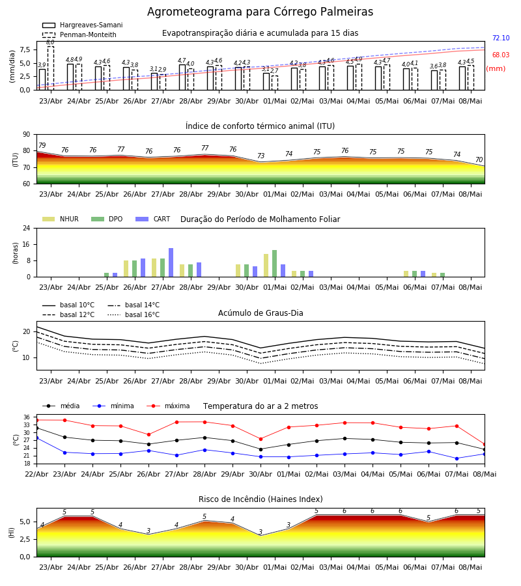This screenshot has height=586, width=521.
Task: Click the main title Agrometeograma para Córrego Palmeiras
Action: click(x=260, y=12)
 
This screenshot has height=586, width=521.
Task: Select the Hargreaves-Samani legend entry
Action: click(x=82, y=25)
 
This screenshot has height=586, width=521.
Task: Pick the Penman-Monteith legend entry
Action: click(x=79, y=35)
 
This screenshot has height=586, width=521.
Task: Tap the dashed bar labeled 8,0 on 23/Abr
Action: click(x=50, y=68)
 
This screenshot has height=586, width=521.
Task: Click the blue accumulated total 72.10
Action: click(x=501, y=38)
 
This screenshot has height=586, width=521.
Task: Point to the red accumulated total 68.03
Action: click(x=501, y=55)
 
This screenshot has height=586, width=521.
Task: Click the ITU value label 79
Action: click(x=42, y=145)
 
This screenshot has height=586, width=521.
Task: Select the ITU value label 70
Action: click(x=479, y=160)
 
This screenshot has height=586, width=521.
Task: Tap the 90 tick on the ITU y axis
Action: click(x=27, y=135)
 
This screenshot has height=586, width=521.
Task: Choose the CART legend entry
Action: click(x=152, y=219)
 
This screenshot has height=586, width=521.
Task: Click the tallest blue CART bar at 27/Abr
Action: click(x=171, y=262)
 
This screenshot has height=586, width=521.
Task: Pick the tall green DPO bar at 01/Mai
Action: click(x=274, y=264)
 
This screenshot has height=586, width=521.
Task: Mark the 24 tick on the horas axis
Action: click(x=27, y=228)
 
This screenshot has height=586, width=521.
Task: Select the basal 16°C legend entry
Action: click(x=134, y=314)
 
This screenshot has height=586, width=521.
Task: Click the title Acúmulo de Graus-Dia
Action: click(x=260, y=313)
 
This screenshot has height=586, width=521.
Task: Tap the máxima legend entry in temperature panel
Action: click(x=168, y=406)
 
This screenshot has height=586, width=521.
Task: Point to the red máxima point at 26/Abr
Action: click(x=148, y=435)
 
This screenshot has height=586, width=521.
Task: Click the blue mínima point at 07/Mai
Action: click(x=457, y=458)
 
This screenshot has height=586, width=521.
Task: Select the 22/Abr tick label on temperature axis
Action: click(x=36, y=474)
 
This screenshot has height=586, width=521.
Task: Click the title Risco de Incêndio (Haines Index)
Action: click(x=260, y=499)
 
